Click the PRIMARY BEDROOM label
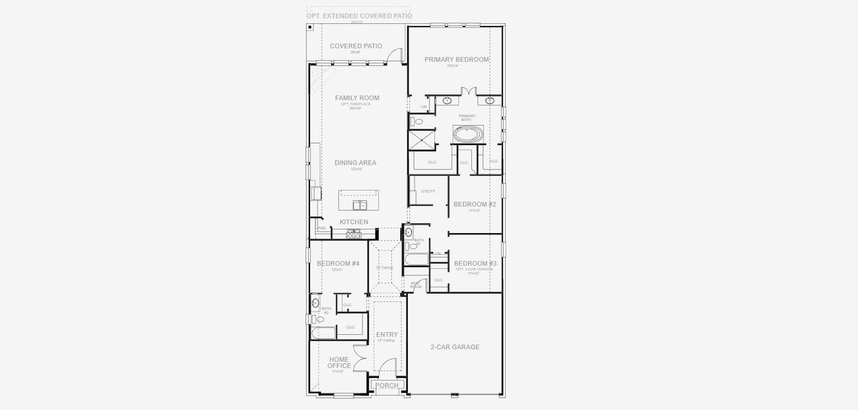tap(456, 59)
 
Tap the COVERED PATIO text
tap(356, 46)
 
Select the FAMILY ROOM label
tap(356, 98)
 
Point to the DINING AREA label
tap(355, 163)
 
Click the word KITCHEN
tap(354, 222)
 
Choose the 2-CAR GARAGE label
tap(455, 347)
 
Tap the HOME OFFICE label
tap(339, 363)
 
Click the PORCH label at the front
tap(387, 386)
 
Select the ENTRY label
tap(387, 335)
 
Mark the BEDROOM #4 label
tap(338, 264)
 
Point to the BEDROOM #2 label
tap(475, 204)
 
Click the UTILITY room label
tap(428, 191)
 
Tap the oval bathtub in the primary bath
tap(469, 134)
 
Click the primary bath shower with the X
tap(421, 139)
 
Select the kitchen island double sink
tap(359, 205)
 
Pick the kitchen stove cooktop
tap(353, 233)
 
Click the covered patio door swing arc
tap(395, 55)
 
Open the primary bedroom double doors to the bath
tap(468, 92)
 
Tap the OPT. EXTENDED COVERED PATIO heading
tap(359, 16)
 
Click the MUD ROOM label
tap(415, 285)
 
